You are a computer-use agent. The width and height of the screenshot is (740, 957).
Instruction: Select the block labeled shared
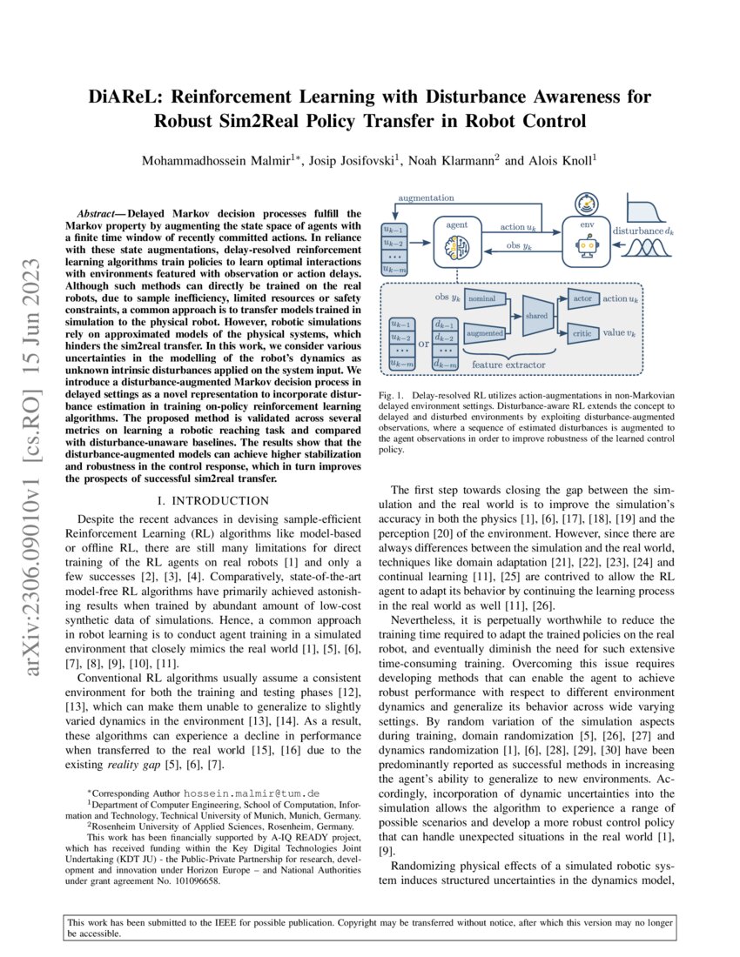click(535, 318)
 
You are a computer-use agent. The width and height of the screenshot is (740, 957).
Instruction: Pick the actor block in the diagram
click(582, 298)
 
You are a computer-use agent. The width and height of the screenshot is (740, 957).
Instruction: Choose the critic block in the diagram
click(582, 333)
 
